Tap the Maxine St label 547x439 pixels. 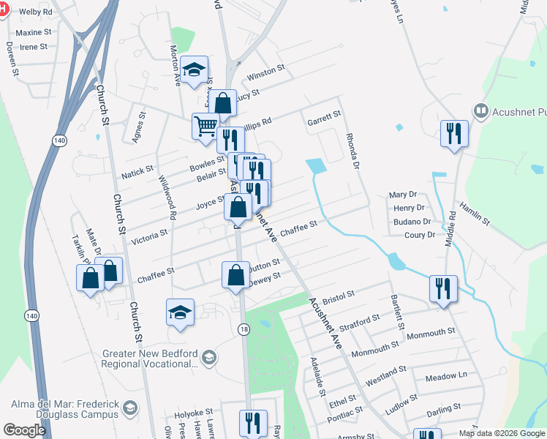point(34,33)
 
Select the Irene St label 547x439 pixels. point(34,47)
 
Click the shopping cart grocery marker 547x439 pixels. point(205,125)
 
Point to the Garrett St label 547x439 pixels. point(324,115)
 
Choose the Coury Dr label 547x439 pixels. point(420,235)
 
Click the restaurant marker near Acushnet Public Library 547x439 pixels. point(454,134)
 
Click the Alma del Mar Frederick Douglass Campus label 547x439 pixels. point(64,409)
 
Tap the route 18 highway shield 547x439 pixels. point(244,330)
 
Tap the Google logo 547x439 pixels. point(24,430)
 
